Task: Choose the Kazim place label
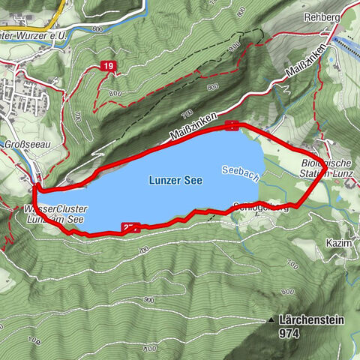[337, 244]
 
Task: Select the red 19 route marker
[109, 67]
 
